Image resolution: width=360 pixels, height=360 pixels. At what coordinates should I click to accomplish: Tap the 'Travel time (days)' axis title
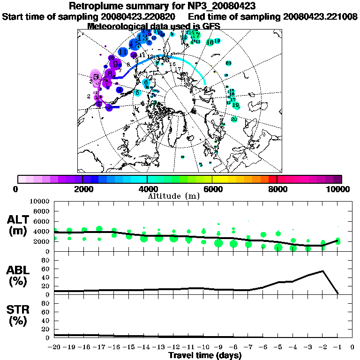tap(205, 356)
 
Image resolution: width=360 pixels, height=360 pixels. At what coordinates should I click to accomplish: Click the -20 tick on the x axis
tap(54, 347)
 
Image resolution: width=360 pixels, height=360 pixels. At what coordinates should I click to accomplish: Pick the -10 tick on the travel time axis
tap(203, 347)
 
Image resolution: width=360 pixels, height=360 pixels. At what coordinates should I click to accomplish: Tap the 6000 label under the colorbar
tap(212, 189)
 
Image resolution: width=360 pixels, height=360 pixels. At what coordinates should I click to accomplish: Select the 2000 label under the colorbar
tap(82, 189)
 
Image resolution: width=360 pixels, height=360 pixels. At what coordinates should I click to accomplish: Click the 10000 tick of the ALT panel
tap(40, 202)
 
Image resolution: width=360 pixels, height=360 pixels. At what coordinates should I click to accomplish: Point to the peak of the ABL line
tap(322, 271)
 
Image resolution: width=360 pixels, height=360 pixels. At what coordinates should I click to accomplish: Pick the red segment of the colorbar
tap(273, 179)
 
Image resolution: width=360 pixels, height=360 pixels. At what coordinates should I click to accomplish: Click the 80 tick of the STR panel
tap(47, 303)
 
